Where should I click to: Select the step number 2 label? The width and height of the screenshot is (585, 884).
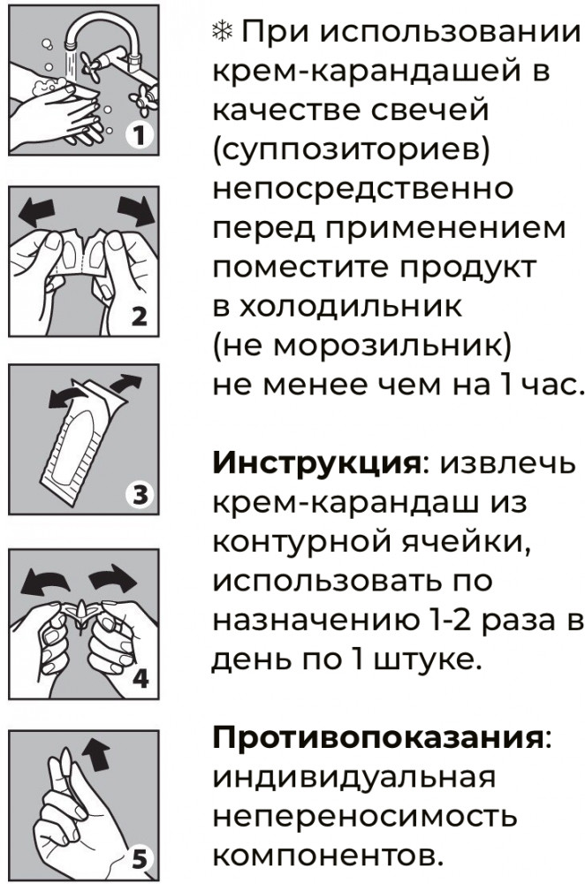[x=140, y=316]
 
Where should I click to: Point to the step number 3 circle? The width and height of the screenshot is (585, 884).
[x=139, y=495]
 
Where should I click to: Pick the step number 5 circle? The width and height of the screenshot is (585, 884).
[x=139, y=860]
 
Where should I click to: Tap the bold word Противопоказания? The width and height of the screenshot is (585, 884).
[x=377, y=737]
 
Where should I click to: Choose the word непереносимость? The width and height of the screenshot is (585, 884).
[x=365, y=816]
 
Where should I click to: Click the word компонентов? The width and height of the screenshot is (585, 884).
[x=326, y=856]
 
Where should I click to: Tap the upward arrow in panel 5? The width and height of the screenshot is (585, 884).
[x=95, y=755]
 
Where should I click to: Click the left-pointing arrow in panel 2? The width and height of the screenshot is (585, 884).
[x=36, y=212]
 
